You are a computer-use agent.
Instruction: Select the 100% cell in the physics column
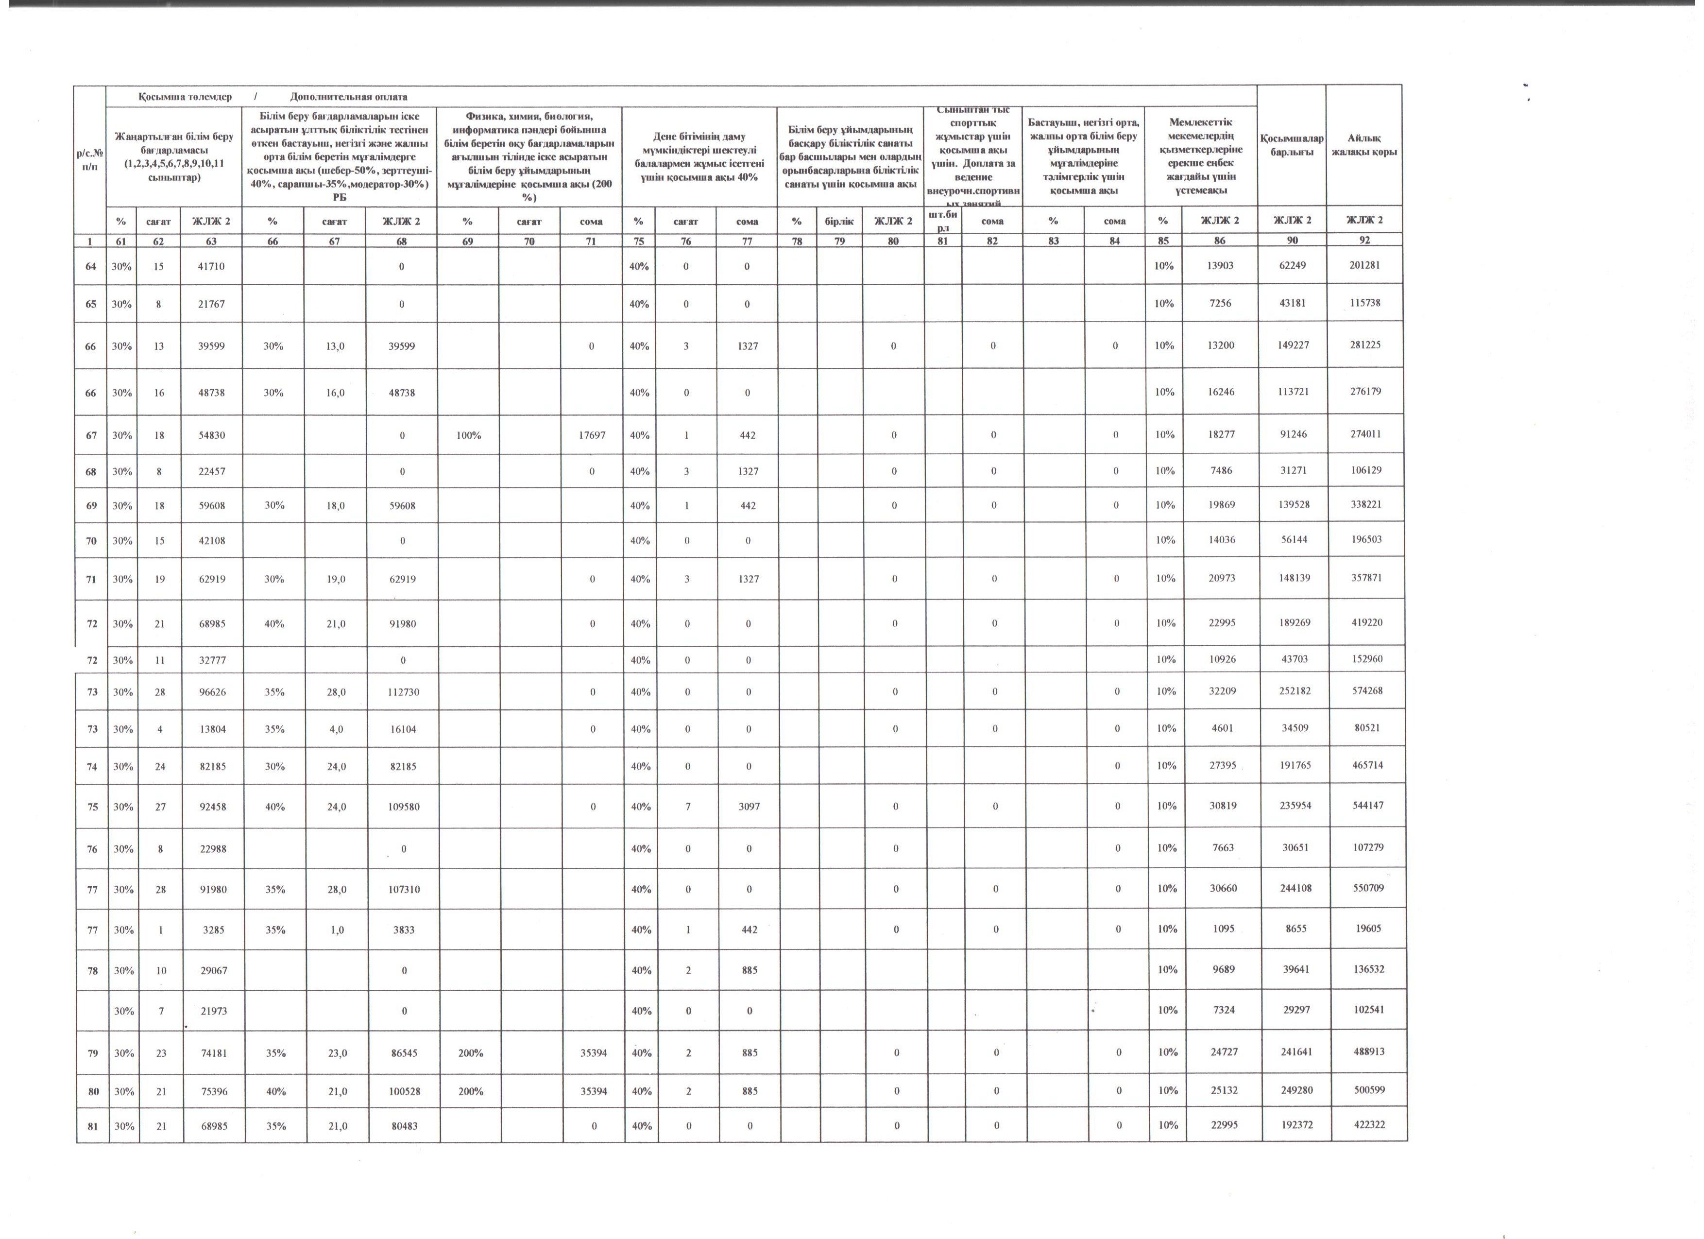click(468, 435)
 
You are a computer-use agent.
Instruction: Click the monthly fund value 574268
click(1367, 690)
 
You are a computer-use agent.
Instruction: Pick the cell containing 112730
click(404, 691)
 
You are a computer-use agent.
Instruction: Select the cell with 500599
click(1369, 1089)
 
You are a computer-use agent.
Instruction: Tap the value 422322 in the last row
click(1369, 1125)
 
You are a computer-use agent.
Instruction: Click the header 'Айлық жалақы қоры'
click(1363, 145)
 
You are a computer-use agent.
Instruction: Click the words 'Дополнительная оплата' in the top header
click(349, 97)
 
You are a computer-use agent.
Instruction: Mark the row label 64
click(91, 266)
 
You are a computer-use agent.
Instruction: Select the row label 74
click(92, 766)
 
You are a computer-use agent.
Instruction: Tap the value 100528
click(404, 1091)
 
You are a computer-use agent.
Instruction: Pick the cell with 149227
click(1293, 345)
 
